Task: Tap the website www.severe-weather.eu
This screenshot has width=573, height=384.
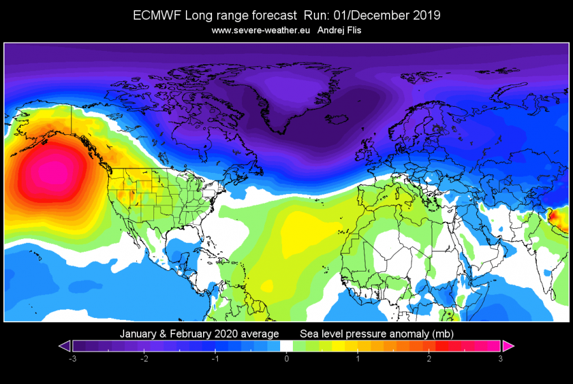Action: click(x=260, y=31)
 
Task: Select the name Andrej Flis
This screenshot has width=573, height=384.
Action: click(x=339, y=31)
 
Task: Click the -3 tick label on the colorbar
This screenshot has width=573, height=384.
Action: click(x=73, y=359)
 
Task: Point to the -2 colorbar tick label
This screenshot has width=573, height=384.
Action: click(x=144, y=359)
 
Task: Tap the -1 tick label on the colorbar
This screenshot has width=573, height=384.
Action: click(x=215, y=359)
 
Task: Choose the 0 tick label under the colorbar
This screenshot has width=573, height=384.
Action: click(x=286, y=359)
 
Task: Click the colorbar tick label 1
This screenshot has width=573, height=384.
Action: click(x=358, y=359)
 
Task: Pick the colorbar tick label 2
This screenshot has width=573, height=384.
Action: click(x=429, y=359)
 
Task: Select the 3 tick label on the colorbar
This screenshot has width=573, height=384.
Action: click(x=500, y=359)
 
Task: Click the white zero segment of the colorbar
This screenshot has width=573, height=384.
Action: click(x=286, y=346)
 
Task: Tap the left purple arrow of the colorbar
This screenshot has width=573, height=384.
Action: click(x=65, y=346)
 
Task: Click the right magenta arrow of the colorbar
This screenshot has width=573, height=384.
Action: click(x=508, y=346)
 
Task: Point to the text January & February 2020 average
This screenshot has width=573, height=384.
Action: click(x=199, y=334)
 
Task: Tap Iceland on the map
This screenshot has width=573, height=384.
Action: click(x=336, y=120)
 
